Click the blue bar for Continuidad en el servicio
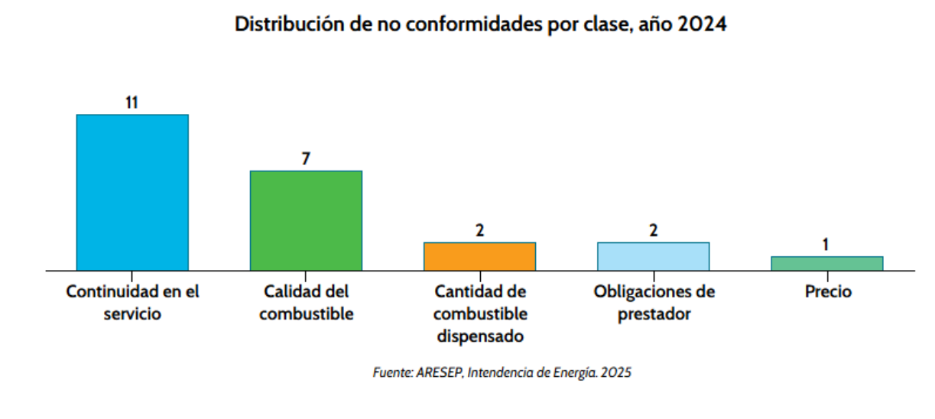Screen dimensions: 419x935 click(132, 192)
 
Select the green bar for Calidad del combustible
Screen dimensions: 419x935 click(306, 220)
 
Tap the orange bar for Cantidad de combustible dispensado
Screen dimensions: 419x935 click(479, 256)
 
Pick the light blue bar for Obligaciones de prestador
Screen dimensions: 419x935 click(653, 256)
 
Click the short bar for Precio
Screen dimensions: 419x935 click(826, 263)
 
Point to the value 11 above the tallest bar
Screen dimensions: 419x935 click(132, 102)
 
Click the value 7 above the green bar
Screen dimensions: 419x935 click(306, 159)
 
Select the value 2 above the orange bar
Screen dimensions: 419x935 click(479, 230)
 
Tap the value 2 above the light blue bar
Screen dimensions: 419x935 click(653, 230)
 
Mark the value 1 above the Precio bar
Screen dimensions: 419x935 click(826, 245)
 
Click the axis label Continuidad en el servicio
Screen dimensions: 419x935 click(132, 303)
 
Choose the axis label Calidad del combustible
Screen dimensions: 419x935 click(306, 303)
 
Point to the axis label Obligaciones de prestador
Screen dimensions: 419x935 click(654, 303)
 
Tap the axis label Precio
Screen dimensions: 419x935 click(827, 292)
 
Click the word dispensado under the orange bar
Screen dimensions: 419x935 click(480, 336)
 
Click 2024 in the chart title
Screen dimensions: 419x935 click(702, 24)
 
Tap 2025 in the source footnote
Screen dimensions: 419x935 click(616, 373)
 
